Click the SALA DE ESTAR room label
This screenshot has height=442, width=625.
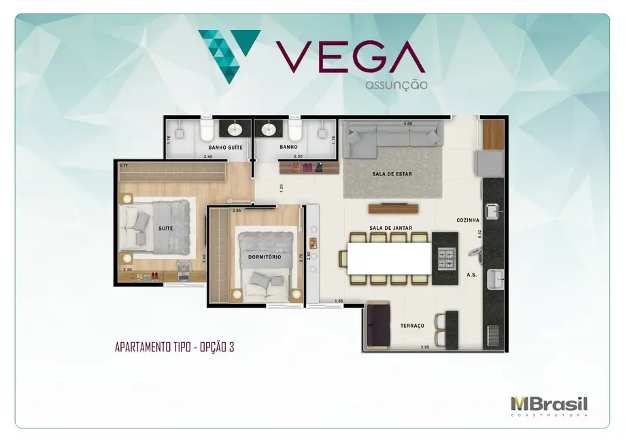click(x=392, y=174)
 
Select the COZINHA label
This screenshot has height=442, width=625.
click(x=468, y=220)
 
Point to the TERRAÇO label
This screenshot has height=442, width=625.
click(x=413, y=326)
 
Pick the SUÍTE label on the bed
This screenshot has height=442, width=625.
click(x=165, y=228)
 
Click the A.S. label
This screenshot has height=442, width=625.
click(x=471, y=275)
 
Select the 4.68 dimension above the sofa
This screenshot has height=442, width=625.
click(x=408, y=124)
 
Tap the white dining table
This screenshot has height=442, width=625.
click(x=388, y=258)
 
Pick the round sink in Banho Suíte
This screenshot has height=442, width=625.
click(x=236, y=129)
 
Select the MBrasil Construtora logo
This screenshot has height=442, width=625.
click(x=549, y=405)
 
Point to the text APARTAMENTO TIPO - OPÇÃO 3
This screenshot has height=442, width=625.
click(x=174, y=347)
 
